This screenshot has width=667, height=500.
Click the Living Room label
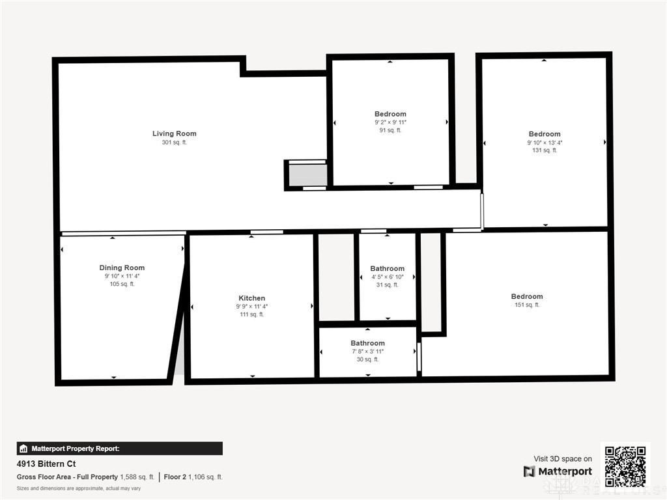point(175,133)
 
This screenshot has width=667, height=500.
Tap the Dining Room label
point(122,268)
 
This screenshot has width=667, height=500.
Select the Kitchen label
point(252,298)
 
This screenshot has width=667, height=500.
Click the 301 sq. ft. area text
point(175,143)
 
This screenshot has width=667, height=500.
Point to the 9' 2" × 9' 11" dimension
point(391,122)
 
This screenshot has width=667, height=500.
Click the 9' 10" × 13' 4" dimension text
point(545,143)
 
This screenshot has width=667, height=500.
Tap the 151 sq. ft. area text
point(527,305)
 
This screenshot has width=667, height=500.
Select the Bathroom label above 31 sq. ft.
point(387,269)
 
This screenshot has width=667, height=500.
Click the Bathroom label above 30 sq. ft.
point(367,343)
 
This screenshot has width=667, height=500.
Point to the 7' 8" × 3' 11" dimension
point(367,352)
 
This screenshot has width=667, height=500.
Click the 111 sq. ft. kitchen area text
point(252,314)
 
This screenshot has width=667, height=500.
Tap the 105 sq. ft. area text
point(122,284)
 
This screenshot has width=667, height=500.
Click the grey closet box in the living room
point(308,175)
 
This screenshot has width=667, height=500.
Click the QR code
point(625,466)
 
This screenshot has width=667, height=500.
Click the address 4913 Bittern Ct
point(46,464)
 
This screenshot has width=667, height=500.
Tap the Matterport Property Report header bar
point(120,449)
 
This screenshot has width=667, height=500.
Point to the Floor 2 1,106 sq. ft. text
point(193,477)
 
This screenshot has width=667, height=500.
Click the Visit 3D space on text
point(563,459)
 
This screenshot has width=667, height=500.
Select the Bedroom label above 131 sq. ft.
point(545,134)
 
